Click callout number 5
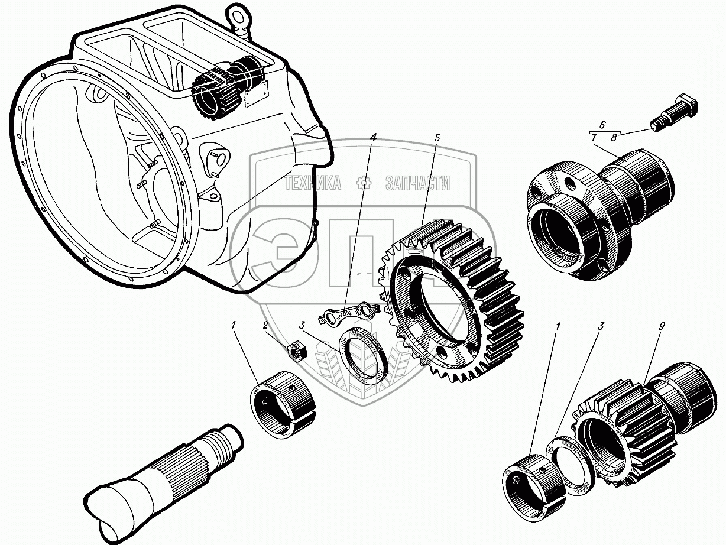[437, 138]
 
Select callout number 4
[373, 137]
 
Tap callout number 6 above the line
[602, 125]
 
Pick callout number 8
[614, 138]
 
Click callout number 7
[592, 138]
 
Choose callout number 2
[266, 325]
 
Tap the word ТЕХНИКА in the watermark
[313, 183]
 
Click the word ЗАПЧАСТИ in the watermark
[417, 183]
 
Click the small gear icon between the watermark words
[363, 183]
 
